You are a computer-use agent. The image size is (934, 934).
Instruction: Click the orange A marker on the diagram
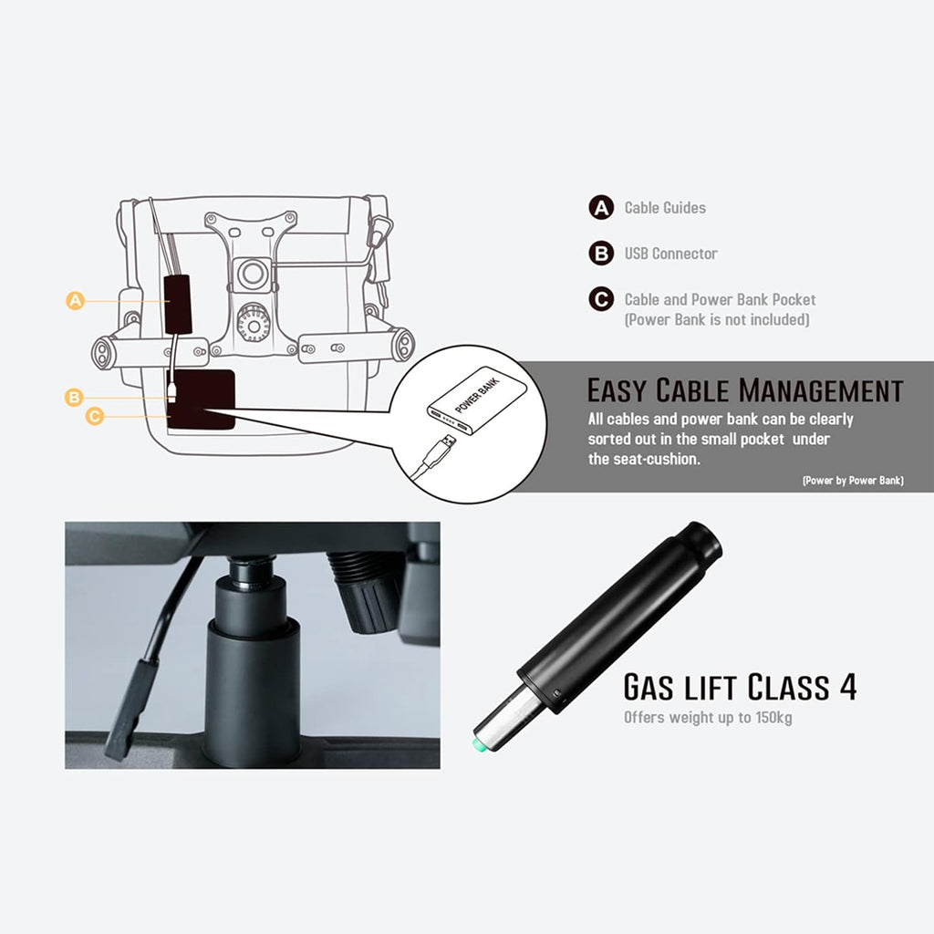[x=75, y=300]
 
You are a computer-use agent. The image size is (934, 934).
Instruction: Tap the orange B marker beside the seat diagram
[x=74, y=398]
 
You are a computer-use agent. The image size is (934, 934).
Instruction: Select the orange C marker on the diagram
[x=95, y=416]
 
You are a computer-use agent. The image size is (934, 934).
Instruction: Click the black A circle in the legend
[x=601, y=208]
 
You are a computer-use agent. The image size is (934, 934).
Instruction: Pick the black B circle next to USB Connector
[x=601, y=254]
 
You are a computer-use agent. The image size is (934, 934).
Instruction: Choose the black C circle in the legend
[x=601, y=299]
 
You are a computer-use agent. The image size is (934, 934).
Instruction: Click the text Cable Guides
[x=665, y=208]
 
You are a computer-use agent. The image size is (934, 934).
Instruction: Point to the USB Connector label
[x=670, y=254]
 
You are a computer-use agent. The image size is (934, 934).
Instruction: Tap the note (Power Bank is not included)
[x=717, y=320]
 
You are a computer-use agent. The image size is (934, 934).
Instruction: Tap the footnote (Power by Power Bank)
[x=853, y=480]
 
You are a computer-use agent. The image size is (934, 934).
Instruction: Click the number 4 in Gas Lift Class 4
[x=847, y=687]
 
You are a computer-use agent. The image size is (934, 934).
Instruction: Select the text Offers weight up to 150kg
[x=708, y=717]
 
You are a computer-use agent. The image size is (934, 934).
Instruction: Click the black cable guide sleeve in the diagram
[x=178, y=304]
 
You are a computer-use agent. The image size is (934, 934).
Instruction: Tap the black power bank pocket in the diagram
[x=202, y=400]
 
